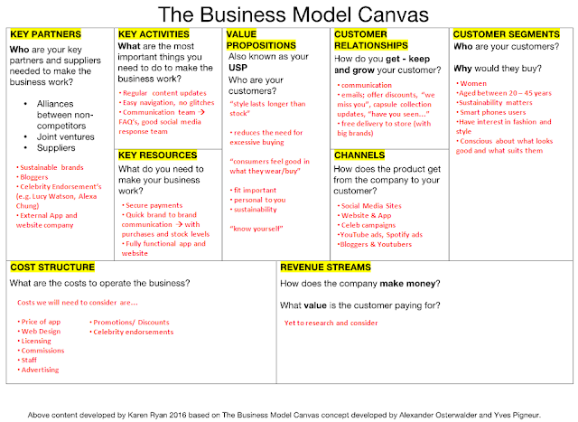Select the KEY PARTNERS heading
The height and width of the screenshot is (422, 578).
(42, 34)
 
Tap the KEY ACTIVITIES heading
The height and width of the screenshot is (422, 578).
(153, 34)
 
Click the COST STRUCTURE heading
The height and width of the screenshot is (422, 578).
(51, 267)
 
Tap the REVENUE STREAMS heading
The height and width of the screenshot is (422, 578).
(325, 267)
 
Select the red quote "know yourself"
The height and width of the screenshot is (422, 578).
(256, 230)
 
